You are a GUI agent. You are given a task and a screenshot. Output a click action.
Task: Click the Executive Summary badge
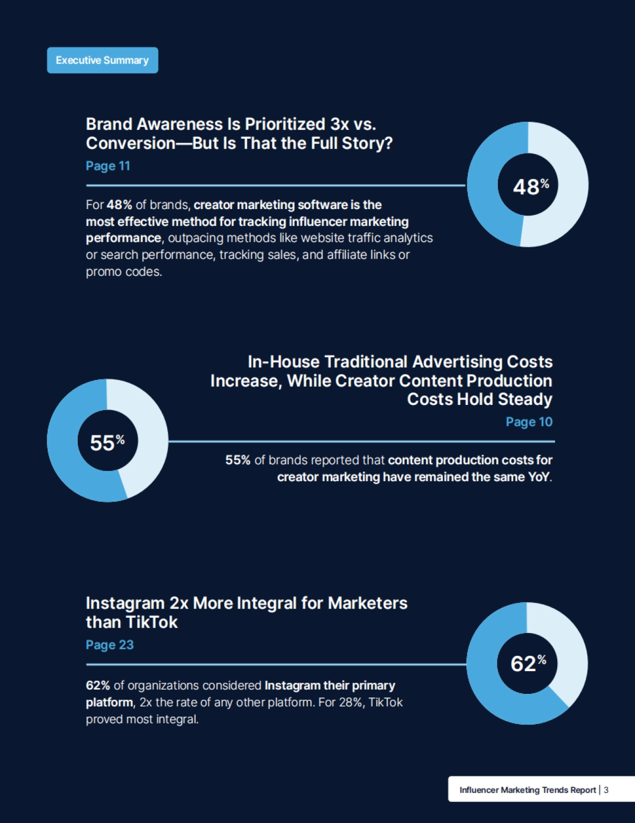(102, 60)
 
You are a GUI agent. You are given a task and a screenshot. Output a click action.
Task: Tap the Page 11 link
(108, 166)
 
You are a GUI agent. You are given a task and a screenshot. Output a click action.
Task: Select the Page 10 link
(529, 422)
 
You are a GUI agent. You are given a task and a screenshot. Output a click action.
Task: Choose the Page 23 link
(110, 645)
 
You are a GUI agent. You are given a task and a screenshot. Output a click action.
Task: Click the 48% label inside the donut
(530, 186)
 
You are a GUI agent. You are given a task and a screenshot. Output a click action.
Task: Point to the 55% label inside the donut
(107, 442)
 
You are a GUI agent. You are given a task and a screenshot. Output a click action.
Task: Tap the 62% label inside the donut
(528, 663)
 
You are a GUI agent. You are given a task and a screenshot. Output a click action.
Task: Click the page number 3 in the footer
(606, 790)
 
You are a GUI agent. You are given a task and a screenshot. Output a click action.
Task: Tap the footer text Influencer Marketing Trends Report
(528, 790)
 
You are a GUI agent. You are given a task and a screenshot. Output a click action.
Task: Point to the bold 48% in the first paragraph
(119, 205)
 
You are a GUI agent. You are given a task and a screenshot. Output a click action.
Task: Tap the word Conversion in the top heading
(131, 143)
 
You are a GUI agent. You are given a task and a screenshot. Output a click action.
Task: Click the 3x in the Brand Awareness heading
(339, 124)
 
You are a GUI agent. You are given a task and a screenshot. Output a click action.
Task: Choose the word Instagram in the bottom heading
(125, 603)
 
